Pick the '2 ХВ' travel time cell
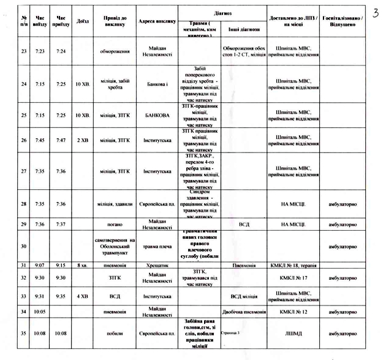(83, 140)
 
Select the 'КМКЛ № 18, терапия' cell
(293, 265)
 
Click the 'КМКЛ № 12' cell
(293, 312)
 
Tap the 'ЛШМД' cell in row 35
(293, 334)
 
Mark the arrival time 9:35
(61, 296)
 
